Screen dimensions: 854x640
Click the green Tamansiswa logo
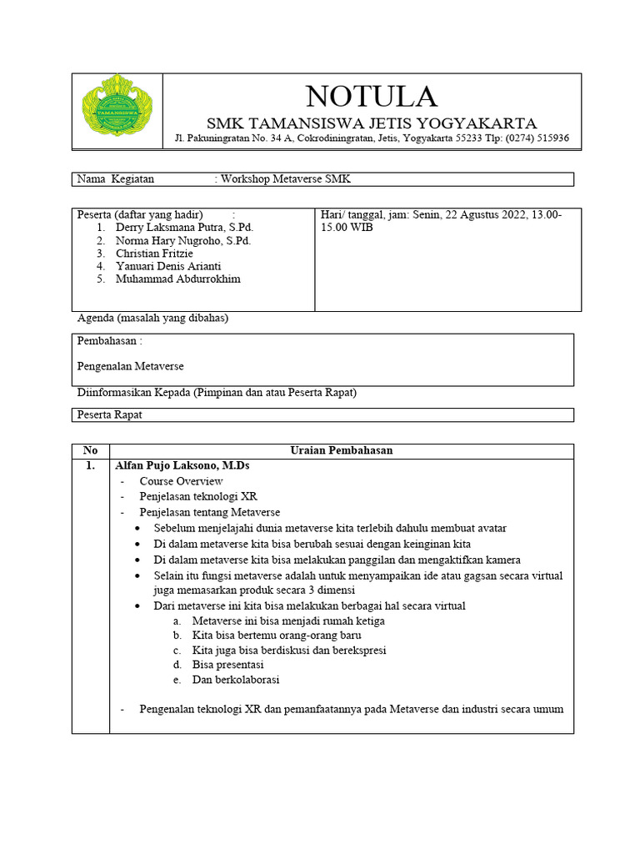click(x=117, y=111)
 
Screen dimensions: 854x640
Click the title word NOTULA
click(x=371, y=96)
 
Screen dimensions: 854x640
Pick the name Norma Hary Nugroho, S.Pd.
click(x=183, y=240)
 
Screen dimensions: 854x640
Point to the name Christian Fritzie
click(x=154, y=253)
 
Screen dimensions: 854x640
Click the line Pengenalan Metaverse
click(x=130, y=366)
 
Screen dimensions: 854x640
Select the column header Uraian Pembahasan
click(x=341, y=450)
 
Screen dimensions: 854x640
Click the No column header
click(x=90, y=450)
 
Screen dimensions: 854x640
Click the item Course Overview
click(x=181, y=481)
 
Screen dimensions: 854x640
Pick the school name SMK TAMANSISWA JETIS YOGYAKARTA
click(x=372, y=123)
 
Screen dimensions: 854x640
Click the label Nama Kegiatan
click(x=116, y=179)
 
